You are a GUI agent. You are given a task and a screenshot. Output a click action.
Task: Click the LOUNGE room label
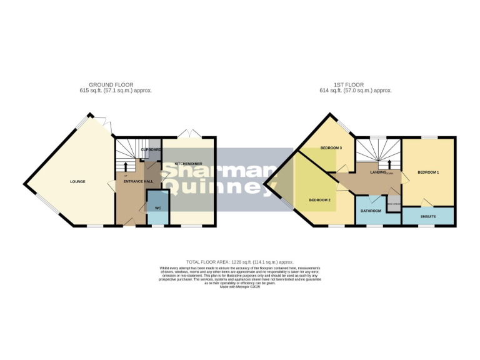pyautogui.click(x=77, y=182)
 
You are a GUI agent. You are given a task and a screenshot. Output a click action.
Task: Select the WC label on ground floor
pyautogui.click(x=157, y=207)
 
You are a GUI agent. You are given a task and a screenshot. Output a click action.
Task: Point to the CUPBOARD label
pyautogui.click(x=151, y=150)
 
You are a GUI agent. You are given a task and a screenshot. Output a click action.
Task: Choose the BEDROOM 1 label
pyautogui.click(x=428, y=172)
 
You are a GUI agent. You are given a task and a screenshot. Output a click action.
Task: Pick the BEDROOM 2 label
pyautogui.click(x=319, y=200)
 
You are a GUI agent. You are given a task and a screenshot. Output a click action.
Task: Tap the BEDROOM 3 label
pyautogui.click(x=331, y=148)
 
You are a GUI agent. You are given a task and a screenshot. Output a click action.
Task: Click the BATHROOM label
pyautogui.click(x=371, y=211)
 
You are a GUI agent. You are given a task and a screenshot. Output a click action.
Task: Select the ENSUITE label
pyautogui.click(x=428, y=216)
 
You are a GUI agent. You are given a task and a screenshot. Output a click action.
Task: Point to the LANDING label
pyautogui.click(x=378, y=172)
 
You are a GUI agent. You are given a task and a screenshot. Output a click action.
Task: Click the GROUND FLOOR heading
pyautogui.click(x=111, y=85)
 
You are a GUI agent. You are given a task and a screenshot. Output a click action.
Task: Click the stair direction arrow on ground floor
pyautogui.click(x=126, y=167)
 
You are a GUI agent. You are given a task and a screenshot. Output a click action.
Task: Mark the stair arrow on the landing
pyautogui.click(x=381, y=164)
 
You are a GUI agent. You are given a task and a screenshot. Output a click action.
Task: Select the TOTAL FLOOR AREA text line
pyautogui.click(x=239, y=262)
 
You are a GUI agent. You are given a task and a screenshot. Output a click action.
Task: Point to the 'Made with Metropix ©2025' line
pyautogui.click(x=240, y=287)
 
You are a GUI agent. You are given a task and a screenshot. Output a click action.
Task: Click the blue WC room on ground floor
pyautogui.click(x=157, y=212)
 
